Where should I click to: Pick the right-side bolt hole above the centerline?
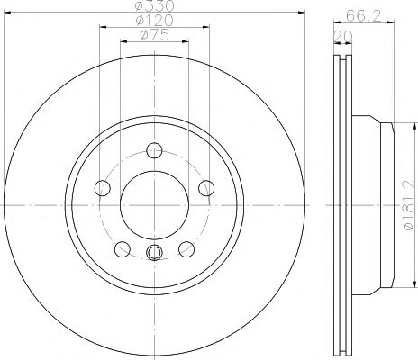point(206,187)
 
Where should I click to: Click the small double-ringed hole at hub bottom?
point(154,253)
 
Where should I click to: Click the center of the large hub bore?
point(154,204)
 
